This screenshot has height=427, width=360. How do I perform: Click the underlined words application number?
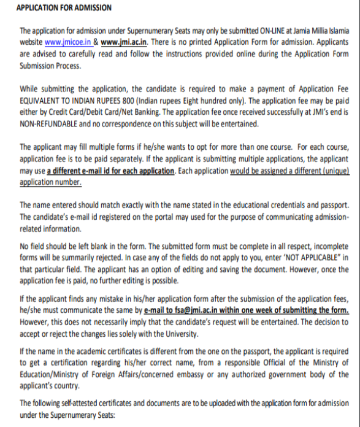click(x=51, y=182)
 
